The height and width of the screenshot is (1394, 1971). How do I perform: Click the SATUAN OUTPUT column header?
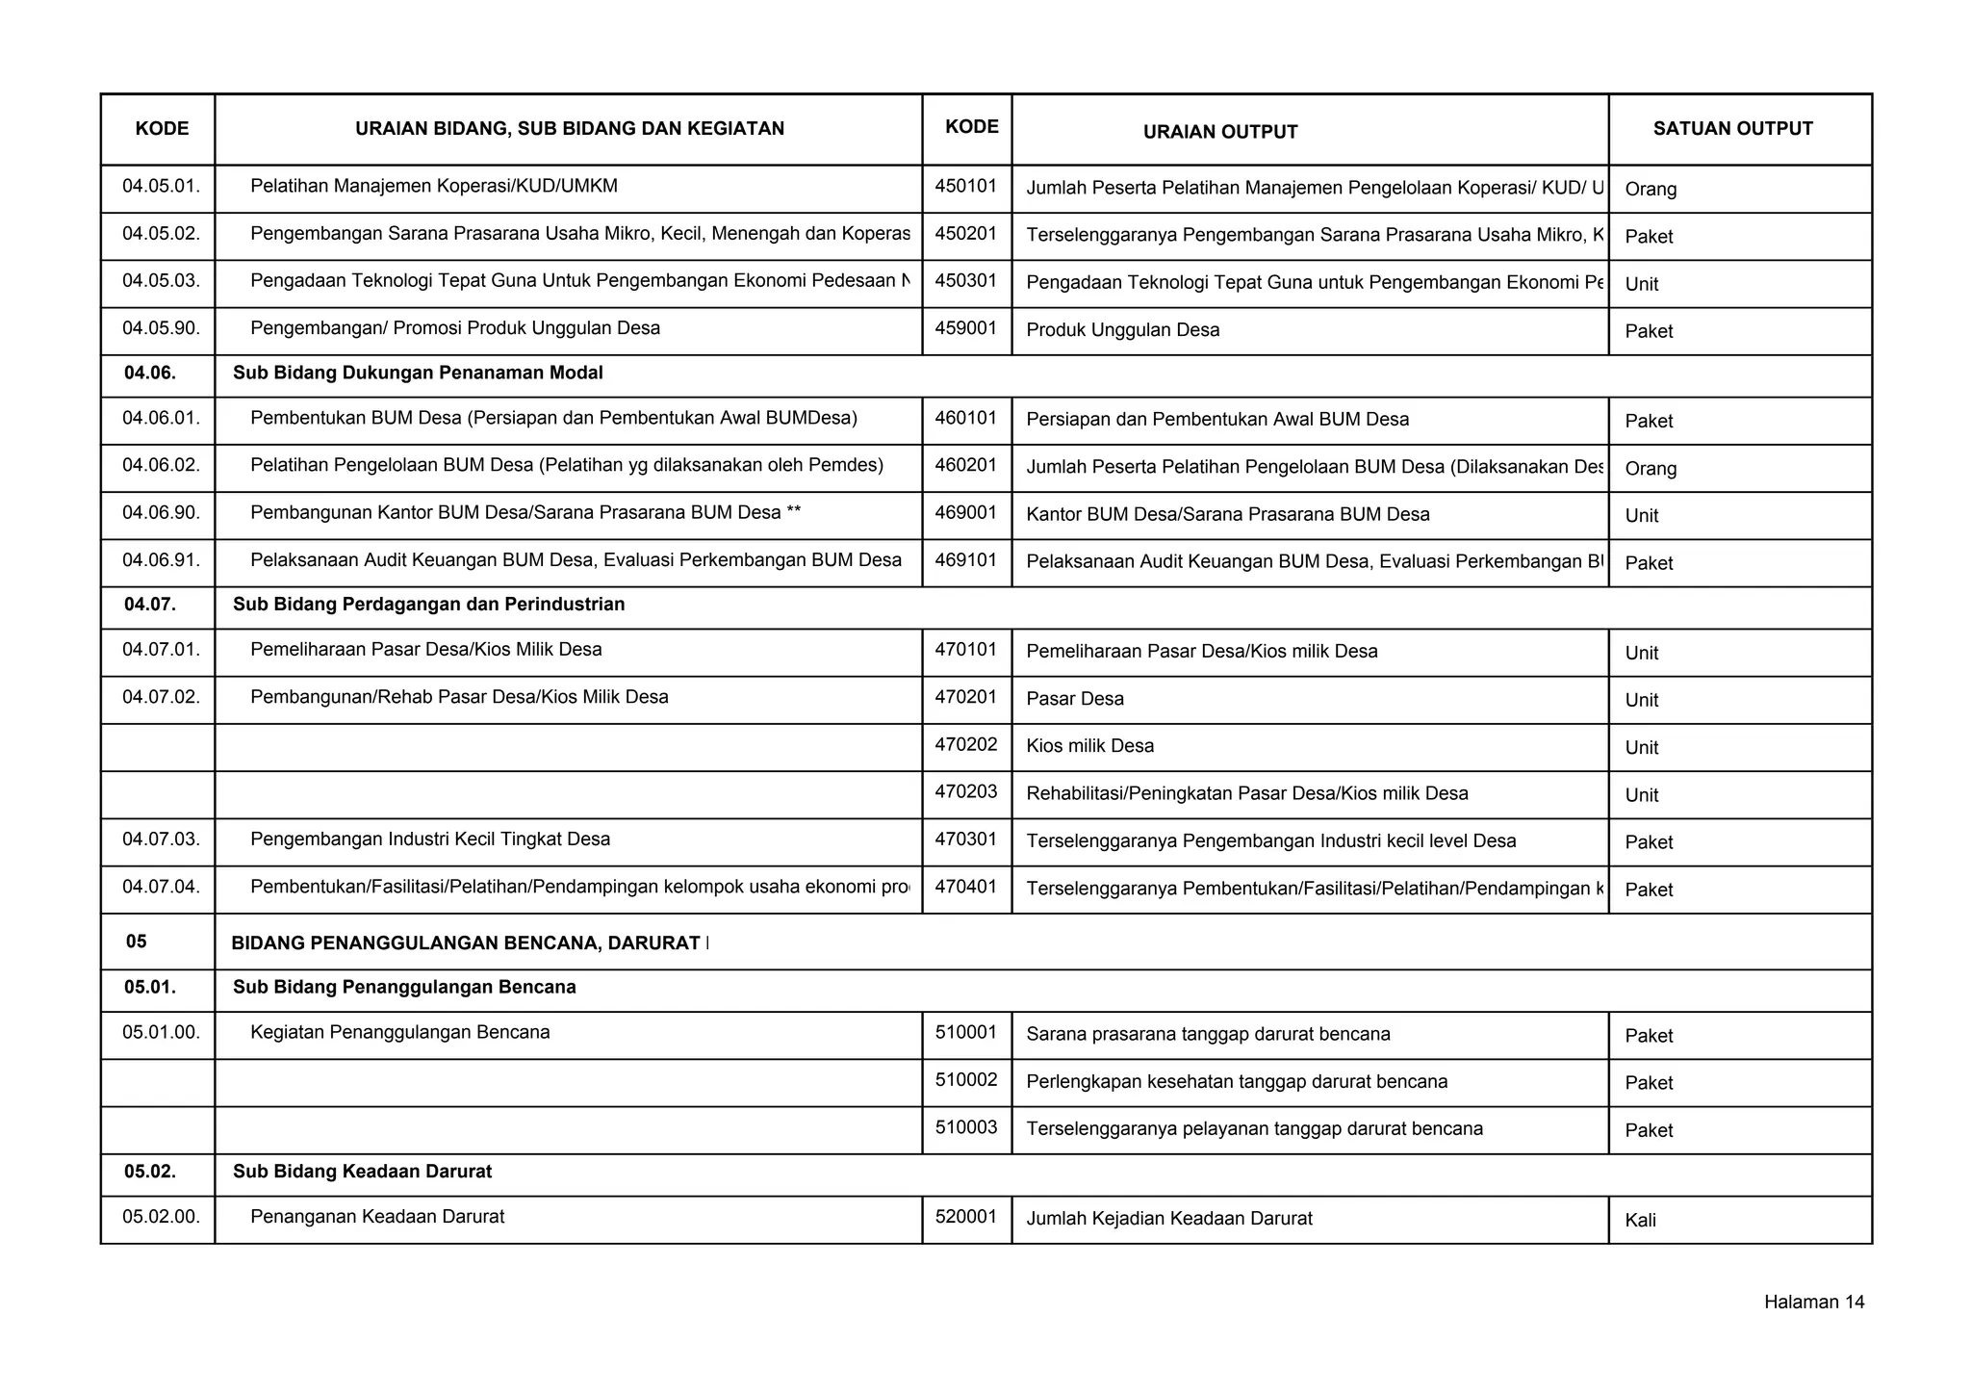click(x=1732, y=129)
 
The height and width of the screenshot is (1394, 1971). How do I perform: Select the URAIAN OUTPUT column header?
click(x=1220, y=132)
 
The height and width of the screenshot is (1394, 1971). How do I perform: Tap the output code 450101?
click(x=965, y=186)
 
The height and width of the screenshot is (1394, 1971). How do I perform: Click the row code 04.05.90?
click(x=161, y=328)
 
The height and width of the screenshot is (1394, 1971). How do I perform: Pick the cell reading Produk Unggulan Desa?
click(x=1122, y=330)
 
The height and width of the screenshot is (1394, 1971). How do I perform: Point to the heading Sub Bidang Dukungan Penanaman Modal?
click(x=418, y=373)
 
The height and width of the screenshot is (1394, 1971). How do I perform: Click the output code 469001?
click(x=965, y=513)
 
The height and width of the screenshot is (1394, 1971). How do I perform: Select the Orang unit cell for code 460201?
click(x=1651, y=469)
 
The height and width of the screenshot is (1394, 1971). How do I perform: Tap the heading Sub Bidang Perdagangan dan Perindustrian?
click(x=428, y=605)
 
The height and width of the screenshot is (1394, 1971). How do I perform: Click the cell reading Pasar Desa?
click(x=1075, y=699)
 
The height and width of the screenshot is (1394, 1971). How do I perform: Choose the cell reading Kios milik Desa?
click(x=1089, y=746)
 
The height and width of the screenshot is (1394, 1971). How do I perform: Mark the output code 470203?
click(x=965, y=792)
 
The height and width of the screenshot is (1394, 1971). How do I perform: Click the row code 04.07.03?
click(x=161, y=839)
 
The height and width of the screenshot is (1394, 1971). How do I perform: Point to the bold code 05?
click(x=137, y=942)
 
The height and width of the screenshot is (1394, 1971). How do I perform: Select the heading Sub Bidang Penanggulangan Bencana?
click(x=404, y=987)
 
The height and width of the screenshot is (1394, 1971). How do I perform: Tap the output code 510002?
click(x=965, y=1080)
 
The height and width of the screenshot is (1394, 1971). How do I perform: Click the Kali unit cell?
click(x=1640, y=1221)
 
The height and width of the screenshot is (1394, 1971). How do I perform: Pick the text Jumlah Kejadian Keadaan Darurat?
click(x=1169, y=1219)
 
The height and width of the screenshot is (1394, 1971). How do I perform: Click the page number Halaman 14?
click(x=1813, y=1303)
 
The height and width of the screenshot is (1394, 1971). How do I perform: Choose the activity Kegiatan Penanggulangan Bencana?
click(x=399, y=1033)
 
